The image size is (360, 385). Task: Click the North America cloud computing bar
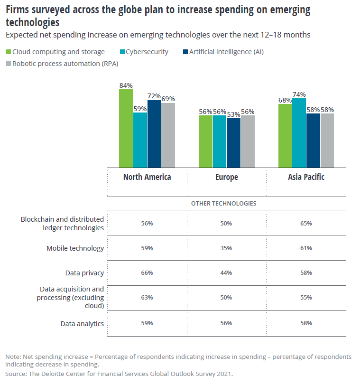tap(126, 128)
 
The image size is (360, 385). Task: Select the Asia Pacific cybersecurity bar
tap(299, 133)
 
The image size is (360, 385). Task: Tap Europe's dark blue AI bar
tap(233, 142)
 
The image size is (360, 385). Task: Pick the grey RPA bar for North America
tap(168, 135)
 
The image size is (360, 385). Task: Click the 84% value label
tap(126, 85)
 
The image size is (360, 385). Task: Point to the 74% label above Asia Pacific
tap(299, 94)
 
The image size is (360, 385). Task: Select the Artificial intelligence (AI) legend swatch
tap(185, 52)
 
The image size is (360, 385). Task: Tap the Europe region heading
tap(226, 177)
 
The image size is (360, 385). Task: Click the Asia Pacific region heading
tap(306, 177)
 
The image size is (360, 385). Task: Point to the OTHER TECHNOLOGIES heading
tap(223, 203)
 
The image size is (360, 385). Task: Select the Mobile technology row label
tap(75, 248)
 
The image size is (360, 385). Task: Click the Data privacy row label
tap(84, 273)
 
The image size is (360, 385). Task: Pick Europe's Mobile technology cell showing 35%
tap(226, 248)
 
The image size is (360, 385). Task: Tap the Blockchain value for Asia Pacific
tap(306, 223)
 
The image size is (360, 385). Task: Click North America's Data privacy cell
tap(147, 273)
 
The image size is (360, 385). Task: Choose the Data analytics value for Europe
tap(226, 323)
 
